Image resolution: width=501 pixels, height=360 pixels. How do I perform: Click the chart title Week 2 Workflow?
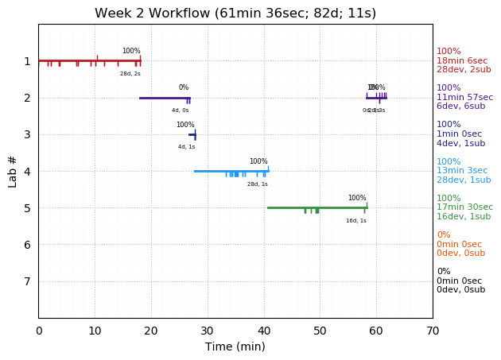pos(235,14)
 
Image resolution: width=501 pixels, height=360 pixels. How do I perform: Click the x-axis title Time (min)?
pos(235,346)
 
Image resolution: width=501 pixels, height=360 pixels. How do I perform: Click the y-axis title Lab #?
pos(12,171)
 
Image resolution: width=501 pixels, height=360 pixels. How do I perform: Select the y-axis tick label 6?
pos(27,245)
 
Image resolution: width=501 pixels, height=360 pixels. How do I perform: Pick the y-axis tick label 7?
pos(27,281)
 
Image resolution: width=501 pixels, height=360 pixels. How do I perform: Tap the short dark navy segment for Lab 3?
pos(192,134)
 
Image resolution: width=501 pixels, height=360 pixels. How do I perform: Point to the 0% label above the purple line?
pos(184,88)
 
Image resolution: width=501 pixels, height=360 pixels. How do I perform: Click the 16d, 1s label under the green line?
pos(356,221)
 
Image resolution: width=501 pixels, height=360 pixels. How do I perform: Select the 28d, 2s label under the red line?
pos(130,74)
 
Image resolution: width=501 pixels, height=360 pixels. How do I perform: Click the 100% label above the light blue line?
pos(258,161)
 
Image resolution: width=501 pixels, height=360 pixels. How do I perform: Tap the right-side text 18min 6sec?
pos(462,60)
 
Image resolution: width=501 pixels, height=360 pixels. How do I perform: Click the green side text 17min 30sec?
pos(464,207)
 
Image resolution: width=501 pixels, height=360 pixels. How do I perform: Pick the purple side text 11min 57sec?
pos(464,98)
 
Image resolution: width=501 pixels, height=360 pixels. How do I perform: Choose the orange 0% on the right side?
pos(443,235)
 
